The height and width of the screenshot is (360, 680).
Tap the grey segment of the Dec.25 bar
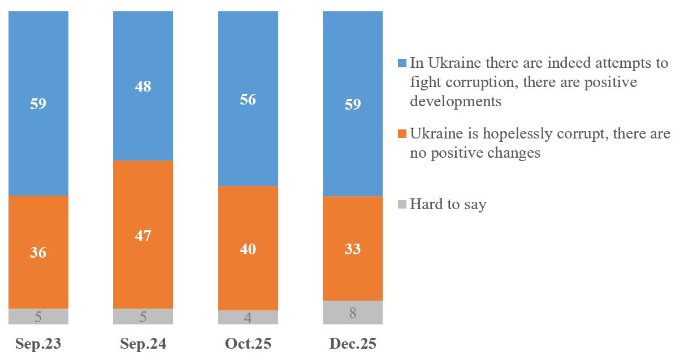353,313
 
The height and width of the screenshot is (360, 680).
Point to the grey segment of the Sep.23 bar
38,316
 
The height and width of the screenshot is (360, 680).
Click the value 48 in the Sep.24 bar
143,87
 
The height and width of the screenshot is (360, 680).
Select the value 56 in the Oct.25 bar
248,100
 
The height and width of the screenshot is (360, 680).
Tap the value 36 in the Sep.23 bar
38,253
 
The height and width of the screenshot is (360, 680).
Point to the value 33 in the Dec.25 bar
353,249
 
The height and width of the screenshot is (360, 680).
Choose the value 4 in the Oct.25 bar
248,318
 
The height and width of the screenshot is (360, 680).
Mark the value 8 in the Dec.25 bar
353,313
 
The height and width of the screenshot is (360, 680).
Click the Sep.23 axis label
38,344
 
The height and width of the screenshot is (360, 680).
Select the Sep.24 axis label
143,344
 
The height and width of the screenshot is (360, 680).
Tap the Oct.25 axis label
248,344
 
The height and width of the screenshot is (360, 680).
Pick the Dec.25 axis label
353,344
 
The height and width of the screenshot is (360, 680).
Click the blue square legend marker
402,63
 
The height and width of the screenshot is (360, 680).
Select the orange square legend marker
402,134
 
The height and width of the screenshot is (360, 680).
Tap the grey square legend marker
402,205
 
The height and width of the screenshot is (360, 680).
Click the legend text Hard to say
448,205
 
